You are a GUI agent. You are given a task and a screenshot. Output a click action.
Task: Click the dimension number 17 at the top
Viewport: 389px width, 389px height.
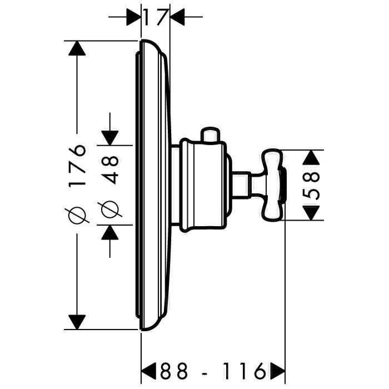point(155,17)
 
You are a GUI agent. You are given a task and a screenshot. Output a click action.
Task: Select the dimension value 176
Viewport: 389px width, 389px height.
point(77,166)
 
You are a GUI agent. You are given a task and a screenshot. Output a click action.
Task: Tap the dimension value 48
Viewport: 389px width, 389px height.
point(110,169)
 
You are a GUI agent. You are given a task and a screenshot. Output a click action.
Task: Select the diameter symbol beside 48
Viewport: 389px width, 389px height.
point(110,209)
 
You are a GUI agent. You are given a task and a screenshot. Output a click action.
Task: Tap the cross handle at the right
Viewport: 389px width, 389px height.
point(273,185)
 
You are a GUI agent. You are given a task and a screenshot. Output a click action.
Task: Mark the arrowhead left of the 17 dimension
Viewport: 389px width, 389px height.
point(134,17)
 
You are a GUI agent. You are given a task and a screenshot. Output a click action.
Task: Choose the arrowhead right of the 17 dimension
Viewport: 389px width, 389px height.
point(177,17)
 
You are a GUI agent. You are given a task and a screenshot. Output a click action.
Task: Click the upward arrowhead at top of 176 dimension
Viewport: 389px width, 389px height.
point(77,48)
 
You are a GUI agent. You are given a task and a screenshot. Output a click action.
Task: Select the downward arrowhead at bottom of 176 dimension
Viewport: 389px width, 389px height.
point(77,322)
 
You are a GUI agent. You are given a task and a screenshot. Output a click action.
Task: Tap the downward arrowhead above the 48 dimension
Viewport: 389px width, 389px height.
point(110,138)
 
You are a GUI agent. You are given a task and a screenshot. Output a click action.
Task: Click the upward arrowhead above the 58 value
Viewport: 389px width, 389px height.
point(311,157)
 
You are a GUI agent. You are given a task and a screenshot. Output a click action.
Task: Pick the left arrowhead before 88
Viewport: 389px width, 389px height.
point(148,371)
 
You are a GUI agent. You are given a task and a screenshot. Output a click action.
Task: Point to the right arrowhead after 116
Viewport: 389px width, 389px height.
point(278,371)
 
